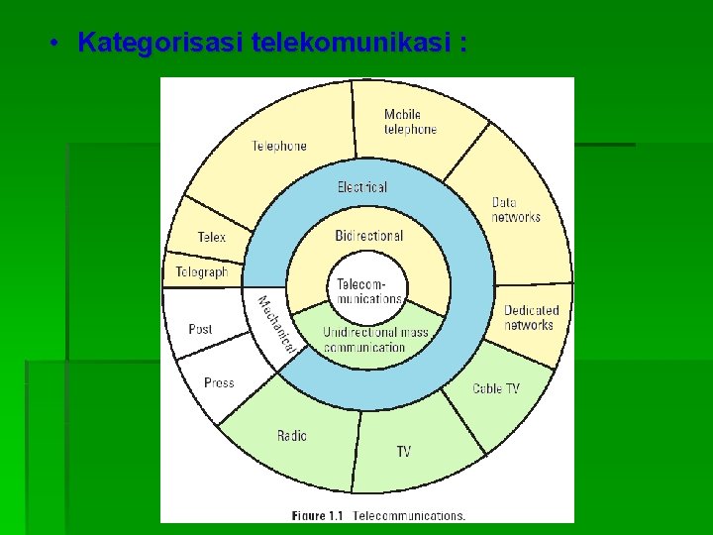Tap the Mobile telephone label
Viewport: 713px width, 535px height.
pos(410,122)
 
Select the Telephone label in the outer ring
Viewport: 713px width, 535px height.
pos(279,146)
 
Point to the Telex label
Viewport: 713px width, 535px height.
pos(211,238)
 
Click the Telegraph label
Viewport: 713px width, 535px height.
pos(202,271)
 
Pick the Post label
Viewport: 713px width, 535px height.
pos(200,329)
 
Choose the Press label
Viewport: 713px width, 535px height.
pos(219,382)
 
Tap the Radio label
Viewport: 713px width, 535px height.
pos(292,436)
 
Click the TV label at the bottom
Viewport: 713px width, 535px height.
pos(403,452)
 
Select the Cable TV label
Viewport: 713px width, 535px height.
pos(495,389)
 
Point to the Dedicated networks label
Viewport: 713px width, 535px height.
pos(531,318)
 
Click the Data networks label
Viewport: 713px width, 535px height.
pos(516,210)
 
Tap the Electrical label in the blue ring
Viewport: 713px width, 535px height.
pos(362,186)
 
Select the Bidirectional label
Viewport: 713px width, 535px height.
pos(369,236)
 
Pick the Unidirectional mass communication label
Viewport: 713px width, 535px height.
pos(375,340)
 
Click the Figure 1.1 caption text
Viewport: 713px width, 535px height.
pos(378,515)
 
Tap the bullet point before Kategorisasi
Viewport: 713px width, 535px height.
pos(56,43)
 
